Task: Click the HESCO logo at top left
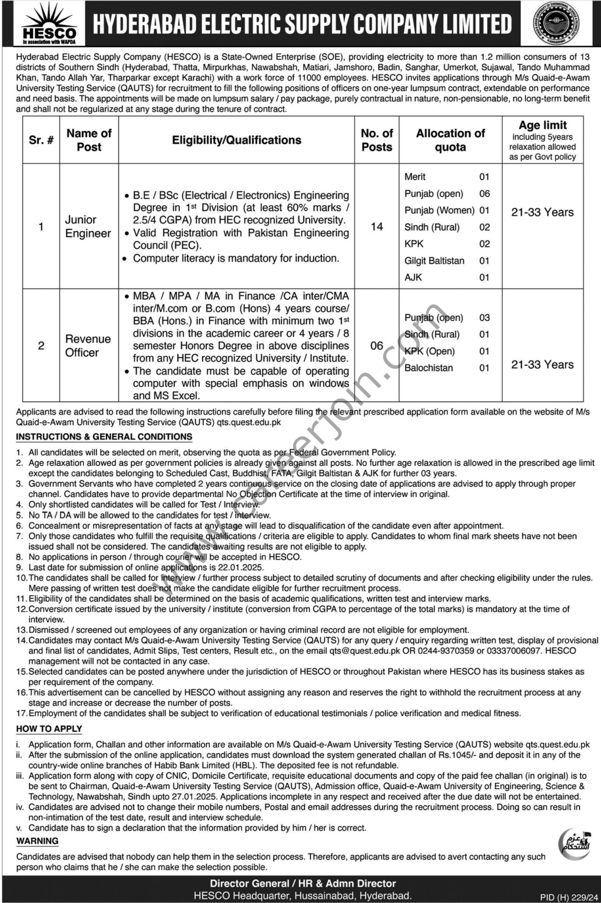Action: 49,24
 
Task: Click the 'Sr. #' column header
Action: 41,140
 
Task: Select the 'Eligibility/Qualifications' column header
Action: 237,140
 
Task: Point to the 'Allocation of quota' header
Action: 450,140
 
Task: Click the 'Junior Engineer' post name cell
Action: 88,226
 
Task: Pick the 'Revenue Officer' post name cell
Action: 88,346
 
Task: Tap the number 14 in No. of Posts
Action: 377,226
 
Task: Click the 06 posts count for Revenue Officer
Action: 377,346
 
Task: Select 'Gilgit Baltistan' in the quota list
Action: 434,260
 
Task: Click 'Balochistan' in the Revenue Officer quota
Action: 429,368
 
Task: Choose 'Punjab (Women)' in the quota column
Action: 439,210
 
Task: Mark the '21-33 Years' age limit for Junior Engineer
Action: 542,212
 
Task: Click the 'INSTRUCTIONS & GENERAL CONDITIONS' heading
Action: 104,437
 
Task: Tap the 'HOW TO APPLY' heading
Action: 49,729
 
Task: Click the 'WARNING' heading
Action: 37,841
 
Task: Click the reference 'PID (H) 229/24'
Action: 565,897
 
